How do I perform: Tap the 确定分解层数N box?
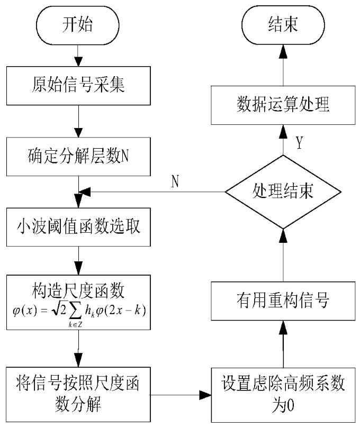tap(78, 157)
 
